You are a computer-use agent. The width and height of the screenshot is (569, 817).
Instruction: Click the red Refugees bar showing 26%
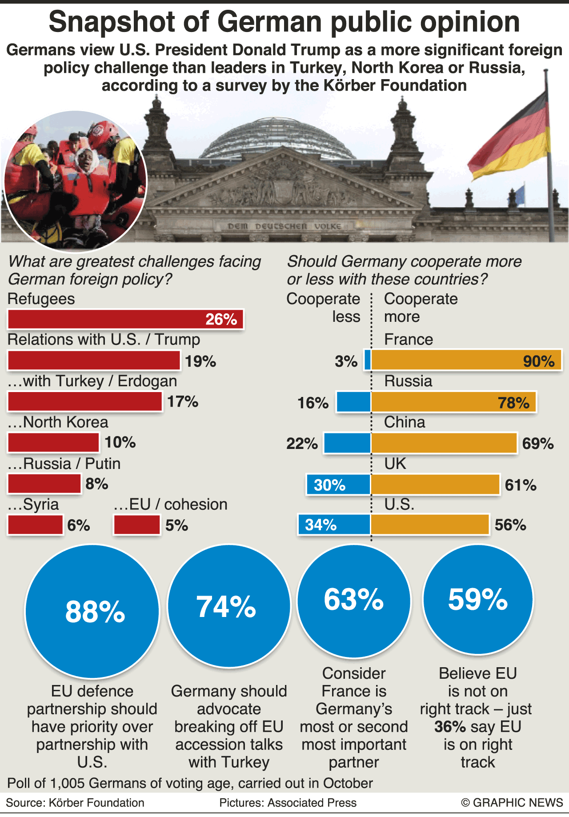pos(125,319)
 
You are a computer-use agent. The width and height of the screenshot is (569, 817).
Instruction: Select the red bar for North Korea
pos(53,442)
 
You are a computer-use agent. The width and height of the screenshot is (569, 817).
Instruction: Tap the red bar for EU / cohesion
pos(136,525)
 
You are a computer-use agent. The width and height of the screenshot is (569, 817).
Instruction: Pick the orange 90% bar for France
pos(466,360)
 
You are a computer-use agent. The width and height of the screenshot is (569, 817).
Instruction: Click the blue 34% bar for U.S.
pos(334,525)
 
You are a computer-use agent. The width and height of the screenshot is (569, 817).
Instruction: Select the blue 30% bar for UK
pos(338,484)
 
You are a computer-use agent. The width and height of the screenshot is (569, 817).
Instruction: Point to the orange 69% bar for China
pos(444,443)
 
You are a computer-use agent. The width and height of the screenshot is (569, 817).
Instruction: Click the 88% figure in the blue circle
pos(95,612)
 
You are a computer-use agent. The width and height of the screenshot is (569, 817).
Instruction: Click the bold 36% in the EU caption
pos(450,727)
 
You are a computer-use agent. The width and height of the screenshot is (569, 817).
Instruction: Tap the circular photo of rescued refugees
pos(75,180)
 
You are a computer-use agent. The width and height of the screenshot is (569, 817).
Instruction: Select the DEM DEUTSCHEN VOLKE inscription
pos(284,226)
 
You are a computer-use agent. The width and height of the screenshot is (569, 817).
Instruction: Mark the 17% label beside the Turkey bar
pos(183,401)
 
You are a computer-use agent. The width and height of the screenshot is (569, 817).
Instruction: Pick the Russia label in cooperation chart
pos(408,381)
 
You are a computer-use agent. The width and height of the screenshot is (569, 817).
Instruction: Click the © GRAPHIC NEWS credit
pos(512,802)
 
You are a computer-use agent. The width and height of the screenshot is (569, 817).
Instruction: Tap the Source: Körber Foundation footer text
pos(75,802)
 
